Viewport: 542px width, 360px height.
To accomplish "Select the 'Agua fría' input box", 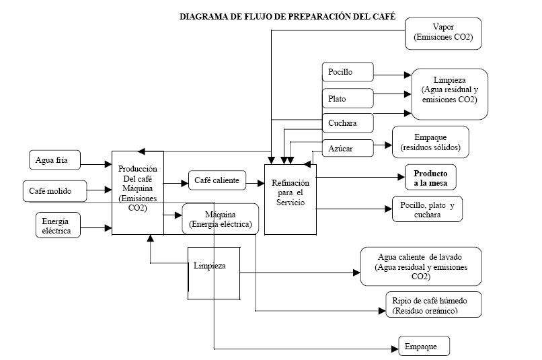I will coord(58,160).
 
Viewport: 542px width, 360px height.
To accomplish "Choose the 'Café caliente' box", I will coord(216,180).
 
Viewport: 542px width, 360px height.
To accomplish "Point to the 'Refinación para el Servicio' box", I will coord(290,193).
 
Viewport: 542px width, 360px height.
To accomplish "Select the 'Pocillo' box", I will coord(347,73).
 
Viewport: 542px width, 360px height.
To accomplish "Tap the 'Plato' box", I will coord(347,98).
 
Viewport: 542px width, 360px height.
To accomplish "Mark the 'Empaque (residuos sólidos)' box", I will coord(430,141).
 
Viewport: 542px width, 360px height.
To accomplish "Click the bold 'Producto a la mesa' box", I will coord(430,177).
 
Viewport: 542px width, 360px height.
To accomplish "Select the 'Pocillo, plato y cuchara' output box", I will coord(427,210).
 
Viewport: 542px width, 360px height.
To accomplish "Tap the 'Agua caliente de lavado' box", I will coord(420,266).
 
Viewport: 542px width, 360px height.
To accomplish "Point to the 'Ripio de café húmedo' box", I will coord(434,303).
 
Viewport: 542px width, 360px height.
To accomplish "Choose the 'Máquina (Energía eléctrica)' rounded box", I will coord(220,219).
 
